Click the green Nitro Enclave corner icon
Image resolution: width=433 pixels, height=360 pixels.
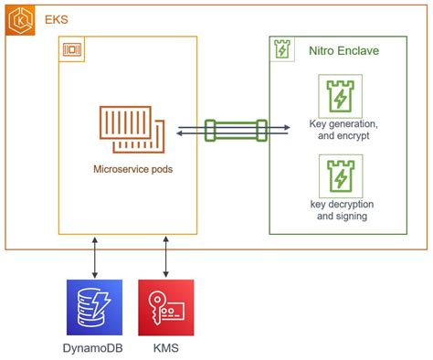click(x=282, y=49)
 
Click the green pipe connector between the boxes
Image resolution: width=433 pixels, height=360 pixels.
click(x=236, y=131)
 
